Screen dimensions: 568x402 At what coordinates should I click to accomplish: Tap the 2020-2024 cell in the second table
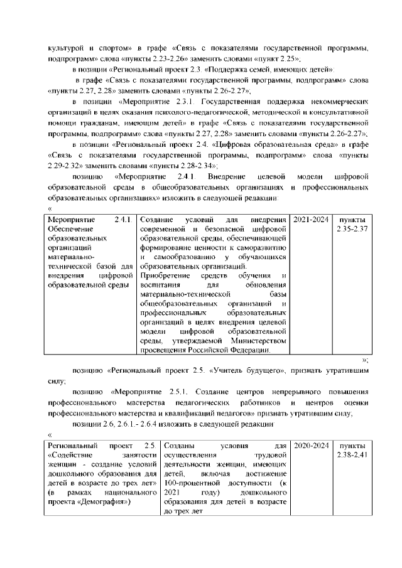pyautogui.click(x=311, y=446)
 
